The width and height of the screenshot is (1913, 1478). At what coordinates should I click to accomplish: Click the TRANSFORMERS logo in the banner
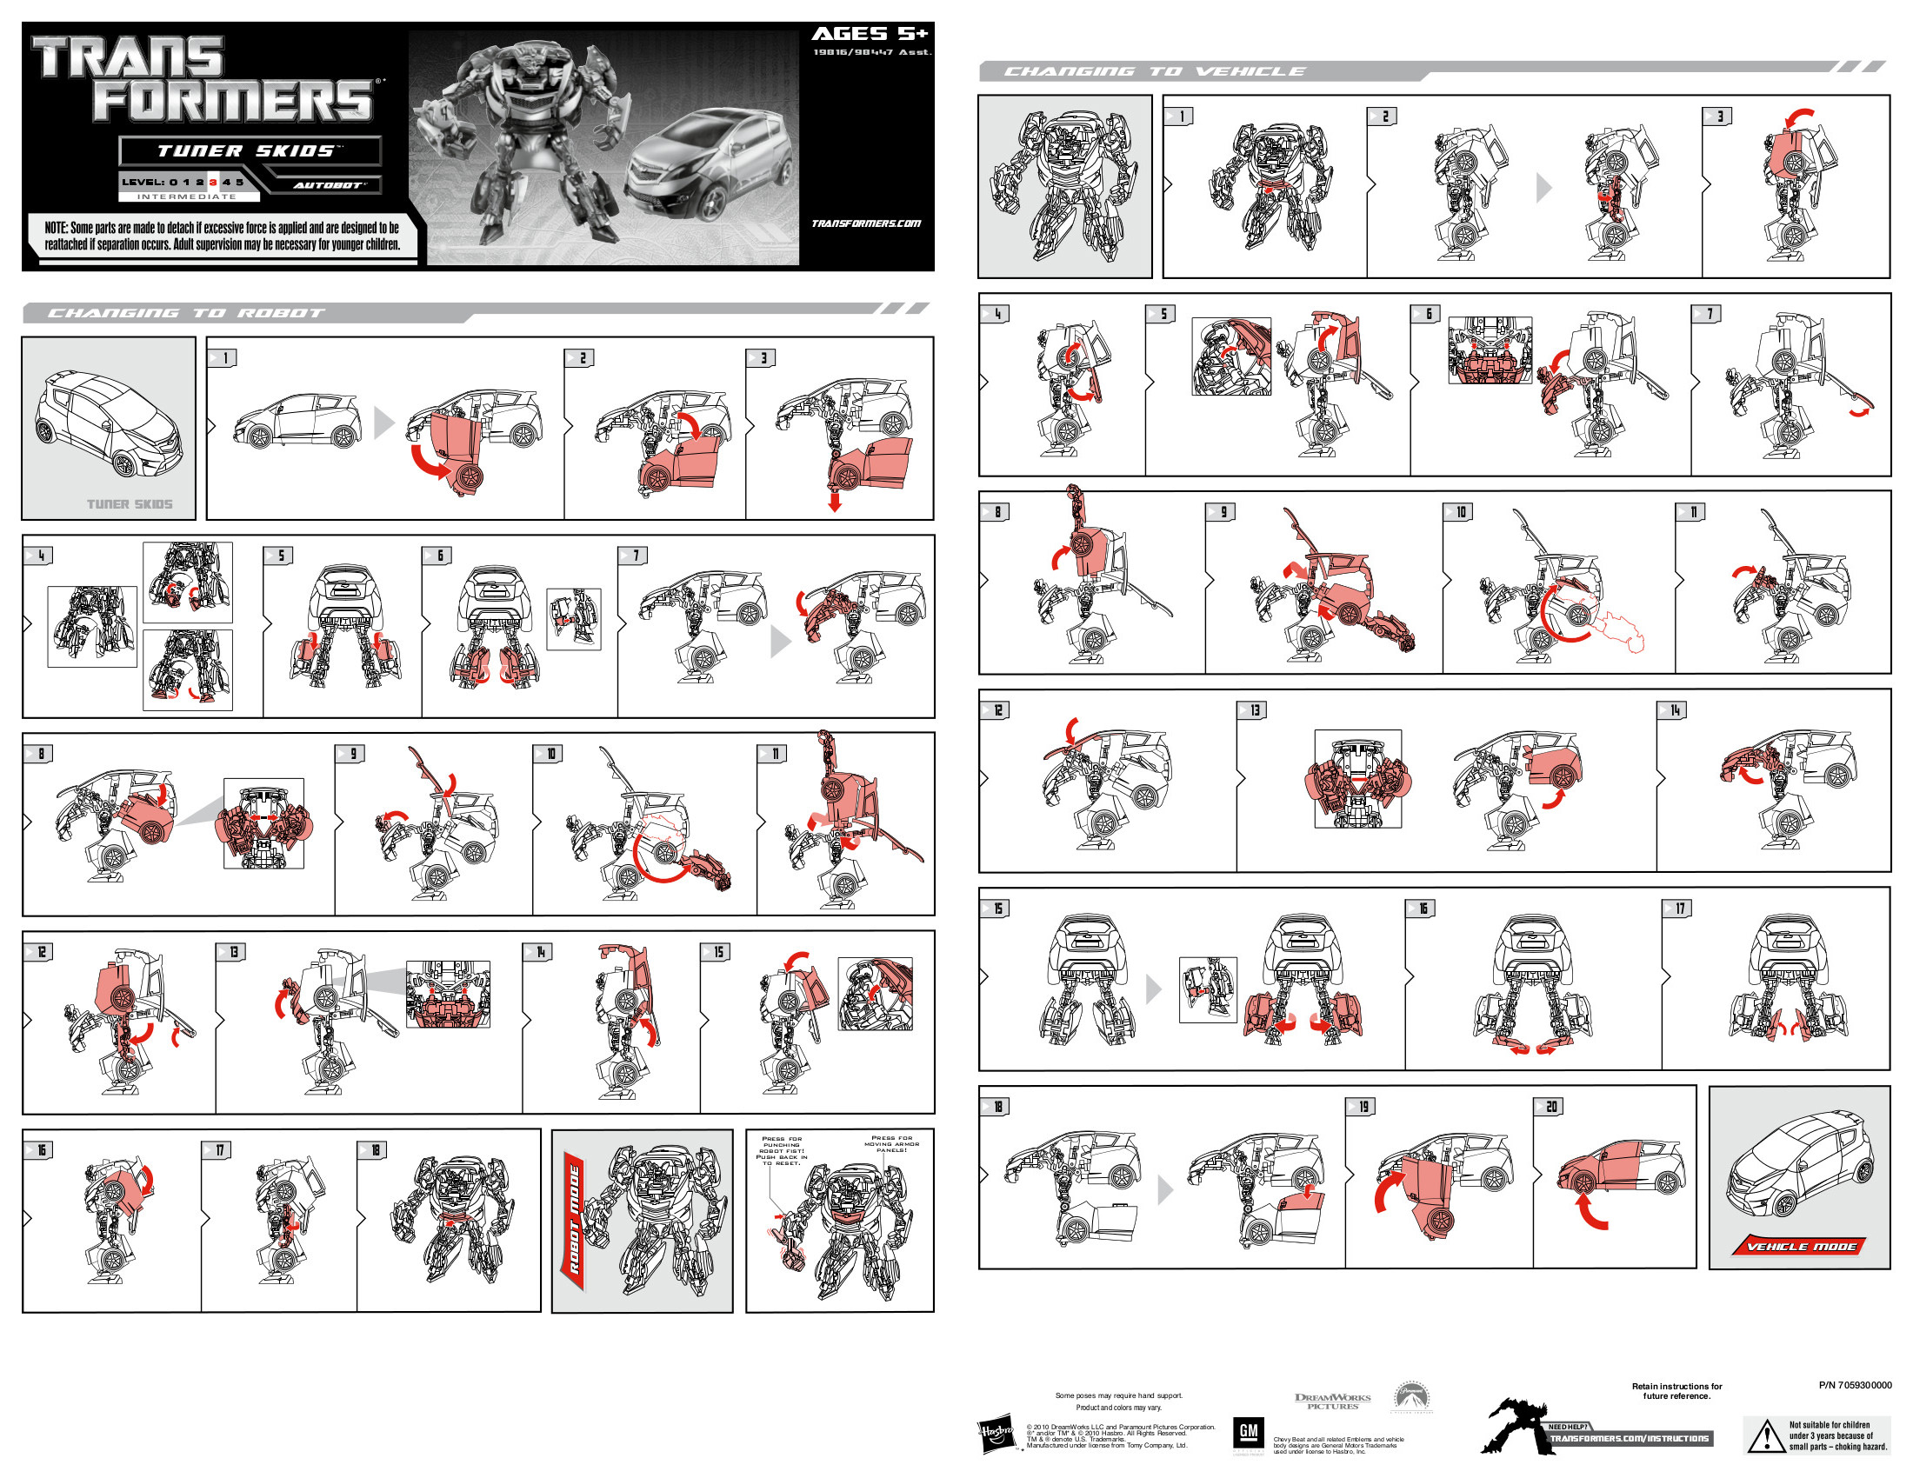click(x=206, y=79)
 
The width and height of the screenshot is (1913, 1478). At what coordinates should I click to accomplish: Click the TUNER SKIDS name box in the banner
click(x=250, y=150)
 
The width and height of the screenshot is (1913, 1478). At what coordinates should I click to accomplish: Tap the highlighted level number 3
click(x=212, y=182)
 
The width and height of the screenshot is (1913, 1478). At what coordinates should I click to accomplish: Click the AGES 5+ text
click(x=868, y=34)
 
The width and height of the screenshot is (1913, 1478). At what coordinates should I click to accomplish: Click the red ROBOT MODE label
click(x=575, y=1219)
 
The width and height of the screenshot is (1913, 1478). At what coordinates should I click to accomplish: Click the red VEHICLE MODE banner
click(x=1800, y=1245)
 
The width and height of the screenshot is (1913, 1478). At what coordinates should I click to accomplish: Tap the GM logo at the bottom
click(x=1248, y=1434)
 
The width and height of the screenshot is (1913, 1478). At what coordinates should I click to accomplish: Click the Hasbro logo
click(x=996, y=1435)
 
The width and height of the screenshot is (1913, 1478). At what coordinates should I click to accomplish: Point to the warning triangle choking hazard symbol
click(x=1764, y=1436)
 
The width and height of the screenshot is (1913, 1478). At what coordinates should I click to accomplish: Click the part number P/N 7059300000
click(x=1855, y=1385)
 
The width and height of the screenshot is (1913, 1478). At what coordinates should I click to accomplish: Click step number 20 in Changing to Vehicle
click(x=1550, y=1107)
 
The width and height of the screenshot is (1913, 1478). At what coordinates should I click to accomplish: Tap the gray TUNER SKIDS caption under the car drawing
click(x=130, y=503)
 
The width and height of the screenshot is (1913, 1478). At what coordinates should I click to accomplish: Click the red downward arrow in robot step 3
click(x=834, y=502)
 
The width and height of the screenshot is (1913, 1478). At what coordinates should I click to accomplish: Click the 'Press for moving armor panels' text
click(x=890, y=1143)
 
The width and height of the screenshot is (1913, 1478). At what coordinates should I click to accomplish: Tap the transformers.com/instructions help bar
click(x=1630, y=1438)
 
